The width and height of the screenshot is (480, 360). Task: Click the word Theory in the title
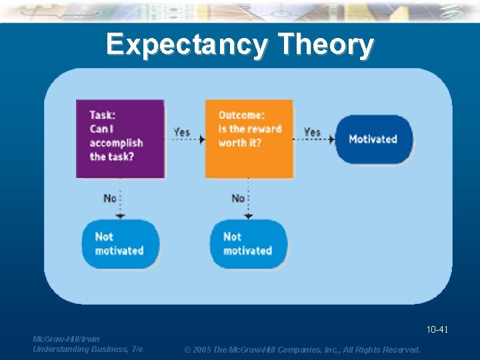click(325, 45)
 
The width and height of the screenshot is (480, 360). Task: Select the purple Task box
click(120, 139)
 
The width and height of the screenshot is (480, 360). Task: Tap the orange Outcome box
click(249, 139)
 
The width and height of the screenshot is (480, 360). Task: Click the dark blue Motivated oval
click(373, 139)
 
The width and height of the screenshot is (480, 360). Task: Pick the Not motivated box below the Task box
click(120, 244)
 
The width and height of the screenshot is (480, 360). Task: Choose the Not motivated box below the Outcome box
click(249, 244)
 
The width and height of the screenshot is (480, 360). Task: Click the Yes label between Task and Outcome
click(182, 132)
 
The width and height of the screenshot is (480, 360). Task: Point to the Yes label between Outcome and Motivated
click(312, 132)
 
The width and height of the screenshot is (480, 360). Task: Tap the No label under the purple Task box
click(110, 198)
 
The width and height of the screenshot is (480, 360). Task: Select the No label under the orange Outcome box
click(238, 198)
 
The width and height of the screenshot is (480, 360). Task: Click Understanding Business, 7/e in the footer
click(87, 349)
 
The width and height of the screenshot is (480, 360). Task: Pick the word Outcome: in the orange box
click(241, 115)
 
